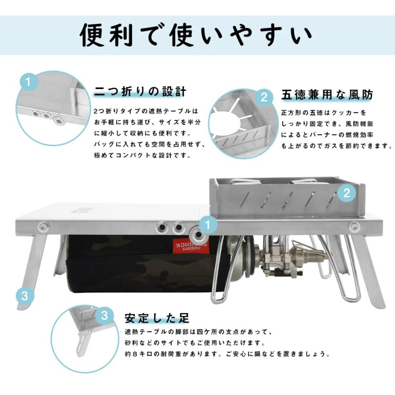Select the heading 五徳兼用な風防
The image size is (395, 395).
coord(327,95)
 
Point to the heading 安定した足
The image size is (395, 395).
coord(157,318)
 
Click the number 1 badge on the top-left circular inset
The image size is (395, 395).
coord(29,82)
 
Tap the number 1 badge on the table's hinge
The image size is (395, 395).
coord(208,225)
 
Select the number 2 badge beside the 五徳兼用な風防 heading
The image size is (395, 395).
coord(264,97)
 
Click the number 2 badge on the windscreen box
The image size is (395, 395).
coord(347,193)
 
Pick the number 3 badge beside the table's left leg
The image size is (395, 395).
coord(25,295)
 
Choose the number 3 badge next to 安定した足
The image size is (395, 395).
coord(104,316)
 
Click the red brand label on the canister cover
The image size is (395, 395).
coord(191,245)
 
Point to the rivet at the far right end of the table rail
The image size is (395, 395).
coord(354,226)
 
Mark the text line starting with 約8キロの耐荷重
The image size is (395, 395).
coord(228,354)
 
